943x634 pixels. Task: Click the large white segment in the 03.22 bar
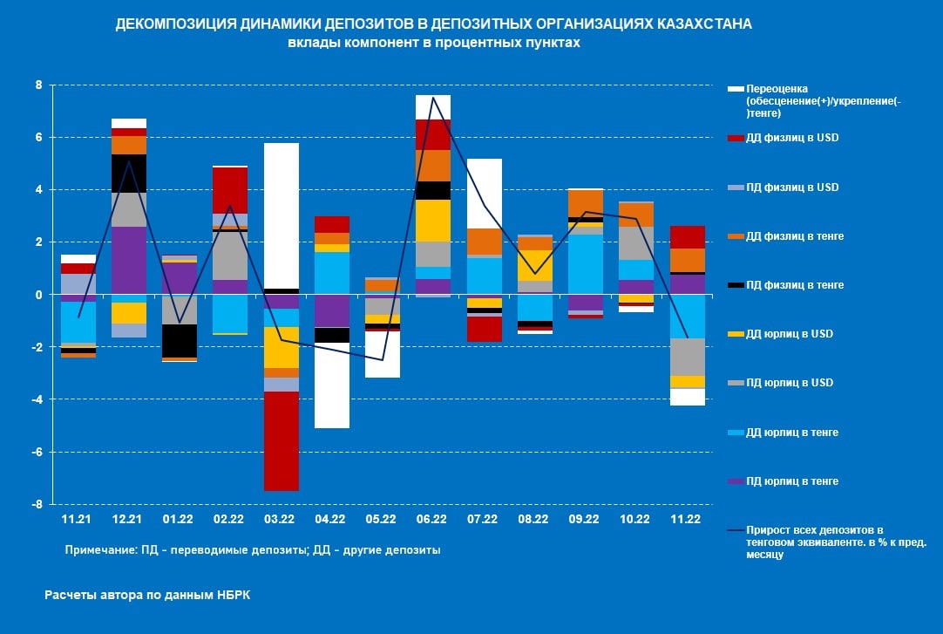281,215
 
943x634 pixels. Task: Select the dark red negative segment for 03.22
281,440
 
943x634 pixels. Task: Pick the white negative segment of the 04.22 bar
331,385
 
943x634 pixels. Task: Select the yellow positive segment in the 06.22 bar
433,221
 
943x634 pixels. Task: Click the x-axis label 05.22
381,519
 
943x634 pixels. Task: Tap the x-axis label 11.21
77,519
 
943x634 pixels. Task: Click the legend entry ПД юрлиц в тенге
785,481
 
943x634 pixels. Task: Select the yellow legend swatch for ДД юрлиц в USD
736,334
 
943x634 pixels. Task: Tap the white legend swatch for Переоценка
736,89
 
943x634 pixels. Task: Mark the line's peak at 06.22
433,97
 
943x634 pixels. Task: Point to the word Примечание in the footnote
98,550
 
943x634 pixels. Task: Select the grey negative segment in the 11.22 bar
687,357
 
